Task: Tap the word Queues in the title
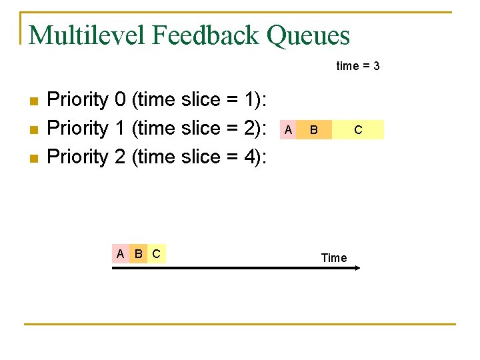tap(308, 35)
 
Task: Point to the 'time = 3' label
tap(358, 66)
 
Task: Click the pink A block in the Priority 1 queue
tap(287, 129)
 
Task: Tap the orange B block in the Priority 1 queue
tap(313, 129)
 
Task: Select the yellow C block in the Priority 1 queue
tap(358, 129)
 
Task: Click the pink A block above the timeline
tap(120, 253)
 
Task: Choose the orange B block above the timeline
tap(138, 253)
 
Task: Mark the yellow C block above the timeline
tap(156, 253)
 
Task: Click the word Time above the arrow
tap(333, 258)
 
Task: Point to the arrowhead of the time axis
tap(356, 268)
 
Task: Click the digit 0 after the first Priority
tap(120, 100)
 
